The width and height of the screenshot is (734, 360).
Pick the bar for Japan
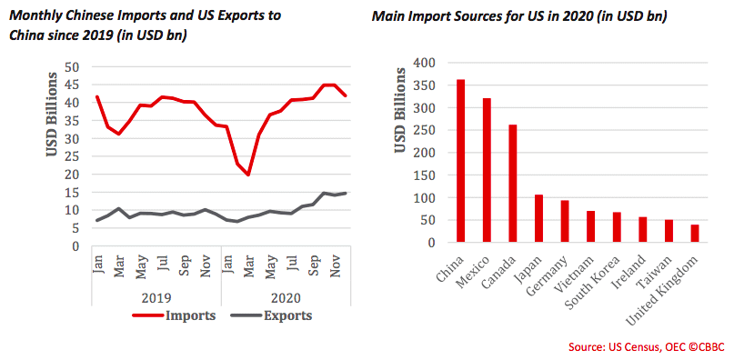tap(539, 219)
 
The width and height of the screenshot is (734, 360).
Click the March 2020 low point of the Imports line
tap(248, 175)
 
